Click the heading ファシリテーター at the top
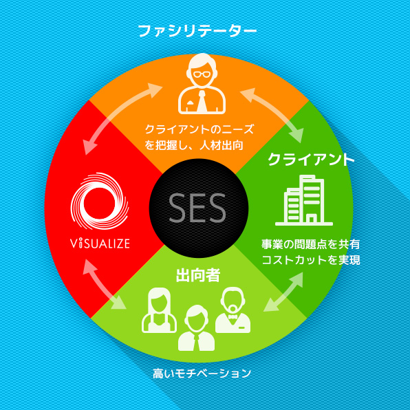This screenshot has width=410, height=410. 197,31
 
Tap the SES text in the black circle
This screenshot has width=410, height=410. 197,208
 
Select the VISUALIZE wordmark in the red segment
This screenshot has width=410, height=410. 100,243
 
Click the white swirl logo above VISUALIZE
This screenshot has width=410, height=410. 100,201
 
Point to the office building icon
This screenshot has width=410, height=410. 304,200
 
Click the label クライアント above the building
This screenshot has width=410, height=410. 311,159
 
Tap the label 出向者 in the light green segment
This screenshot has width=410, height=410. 198,275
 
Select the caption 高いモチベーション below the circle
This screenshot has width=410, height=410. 202,374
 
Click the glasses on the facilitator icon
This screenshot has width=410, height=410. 202,74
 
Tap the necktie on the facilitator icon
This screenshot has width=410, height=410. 202,101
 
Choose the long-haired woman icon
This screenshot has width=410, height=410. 159,310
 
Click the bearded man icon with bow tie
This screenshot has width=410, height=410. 233,310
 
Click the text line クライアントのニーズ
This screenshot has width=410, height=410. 199,129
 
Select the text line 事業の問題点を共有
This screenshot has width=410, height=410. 311,244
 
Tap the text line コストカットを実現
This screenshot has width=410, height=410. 311,260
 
